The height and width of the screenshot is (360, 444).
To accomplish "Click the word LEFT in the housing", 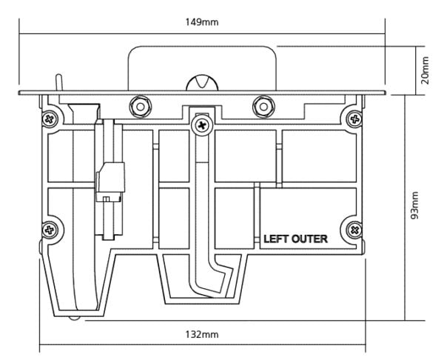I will click(x=278, y=240).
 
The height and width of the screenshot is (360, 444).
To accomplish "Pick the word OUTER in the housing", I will click(x=312, y=240).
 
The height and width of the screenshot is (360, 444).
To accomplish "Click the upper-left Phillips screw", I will click(x=50, y=118).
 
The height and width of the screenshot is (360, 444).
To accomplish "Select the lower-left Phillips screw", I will click(x=50, y=230).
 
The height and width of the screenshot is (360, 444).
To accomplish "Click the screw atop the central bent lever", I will click(x=201, y=127).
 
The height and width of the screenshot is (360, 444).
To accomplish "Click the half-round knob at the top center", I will click(x=201, y=84).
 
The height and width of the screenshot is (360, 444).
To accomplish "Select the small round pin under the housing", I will click(x=75, y=317).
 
